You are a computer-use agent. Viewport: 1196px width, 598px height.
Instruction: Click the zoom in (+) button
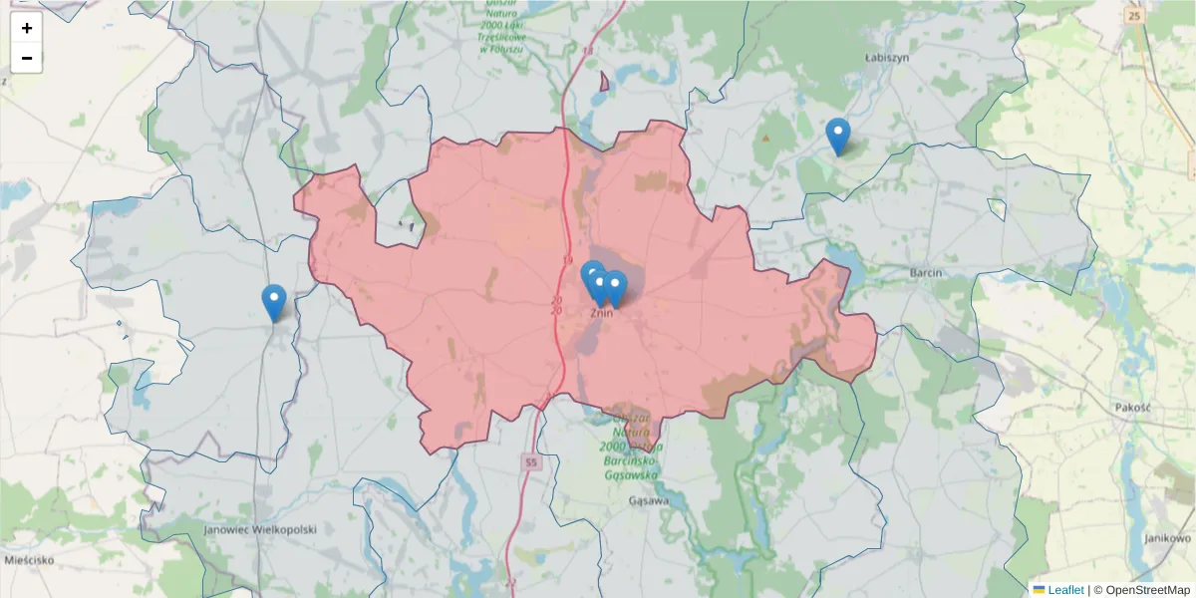click(27, 28)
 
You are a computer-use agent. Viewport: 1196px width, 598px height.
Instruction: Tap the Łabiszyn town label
click(886, 58)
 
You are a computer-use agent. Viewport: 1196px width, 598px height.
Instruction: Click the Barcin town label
click(926, 272)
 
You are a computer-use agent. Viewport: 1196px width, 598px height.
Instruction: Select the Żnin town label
click(600, 312)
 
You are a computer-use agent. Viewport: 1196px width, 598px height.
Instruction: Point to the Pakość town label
click(1133, 408)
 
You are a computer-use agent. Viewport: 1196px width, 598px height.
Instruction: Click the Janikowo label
click(1168, 538)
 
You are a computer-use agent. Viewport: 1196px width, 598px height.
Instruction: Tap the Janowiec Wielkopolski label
click(259, 530)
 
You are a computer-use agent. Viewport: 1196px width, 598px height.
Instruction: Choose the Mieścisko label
click(29, 560)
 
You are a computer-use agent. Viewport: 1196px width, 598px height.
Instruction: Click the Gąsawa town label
click(649, 501)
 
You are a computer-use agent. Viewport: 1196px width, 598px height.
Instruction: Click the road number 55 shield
click(531, 462)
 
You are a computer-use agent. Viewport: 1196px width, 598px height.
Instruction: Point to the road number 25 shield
click(1133, 15)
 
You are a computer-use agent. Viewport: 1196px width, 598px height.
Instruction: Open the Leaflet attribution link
click(1064, 590)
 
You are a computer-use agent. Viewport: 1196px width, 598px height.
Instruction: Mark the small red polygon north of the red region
click(604, 82)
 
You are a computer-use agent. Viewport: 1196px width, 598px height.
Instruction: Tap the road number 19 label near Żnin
click(568, 261)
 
